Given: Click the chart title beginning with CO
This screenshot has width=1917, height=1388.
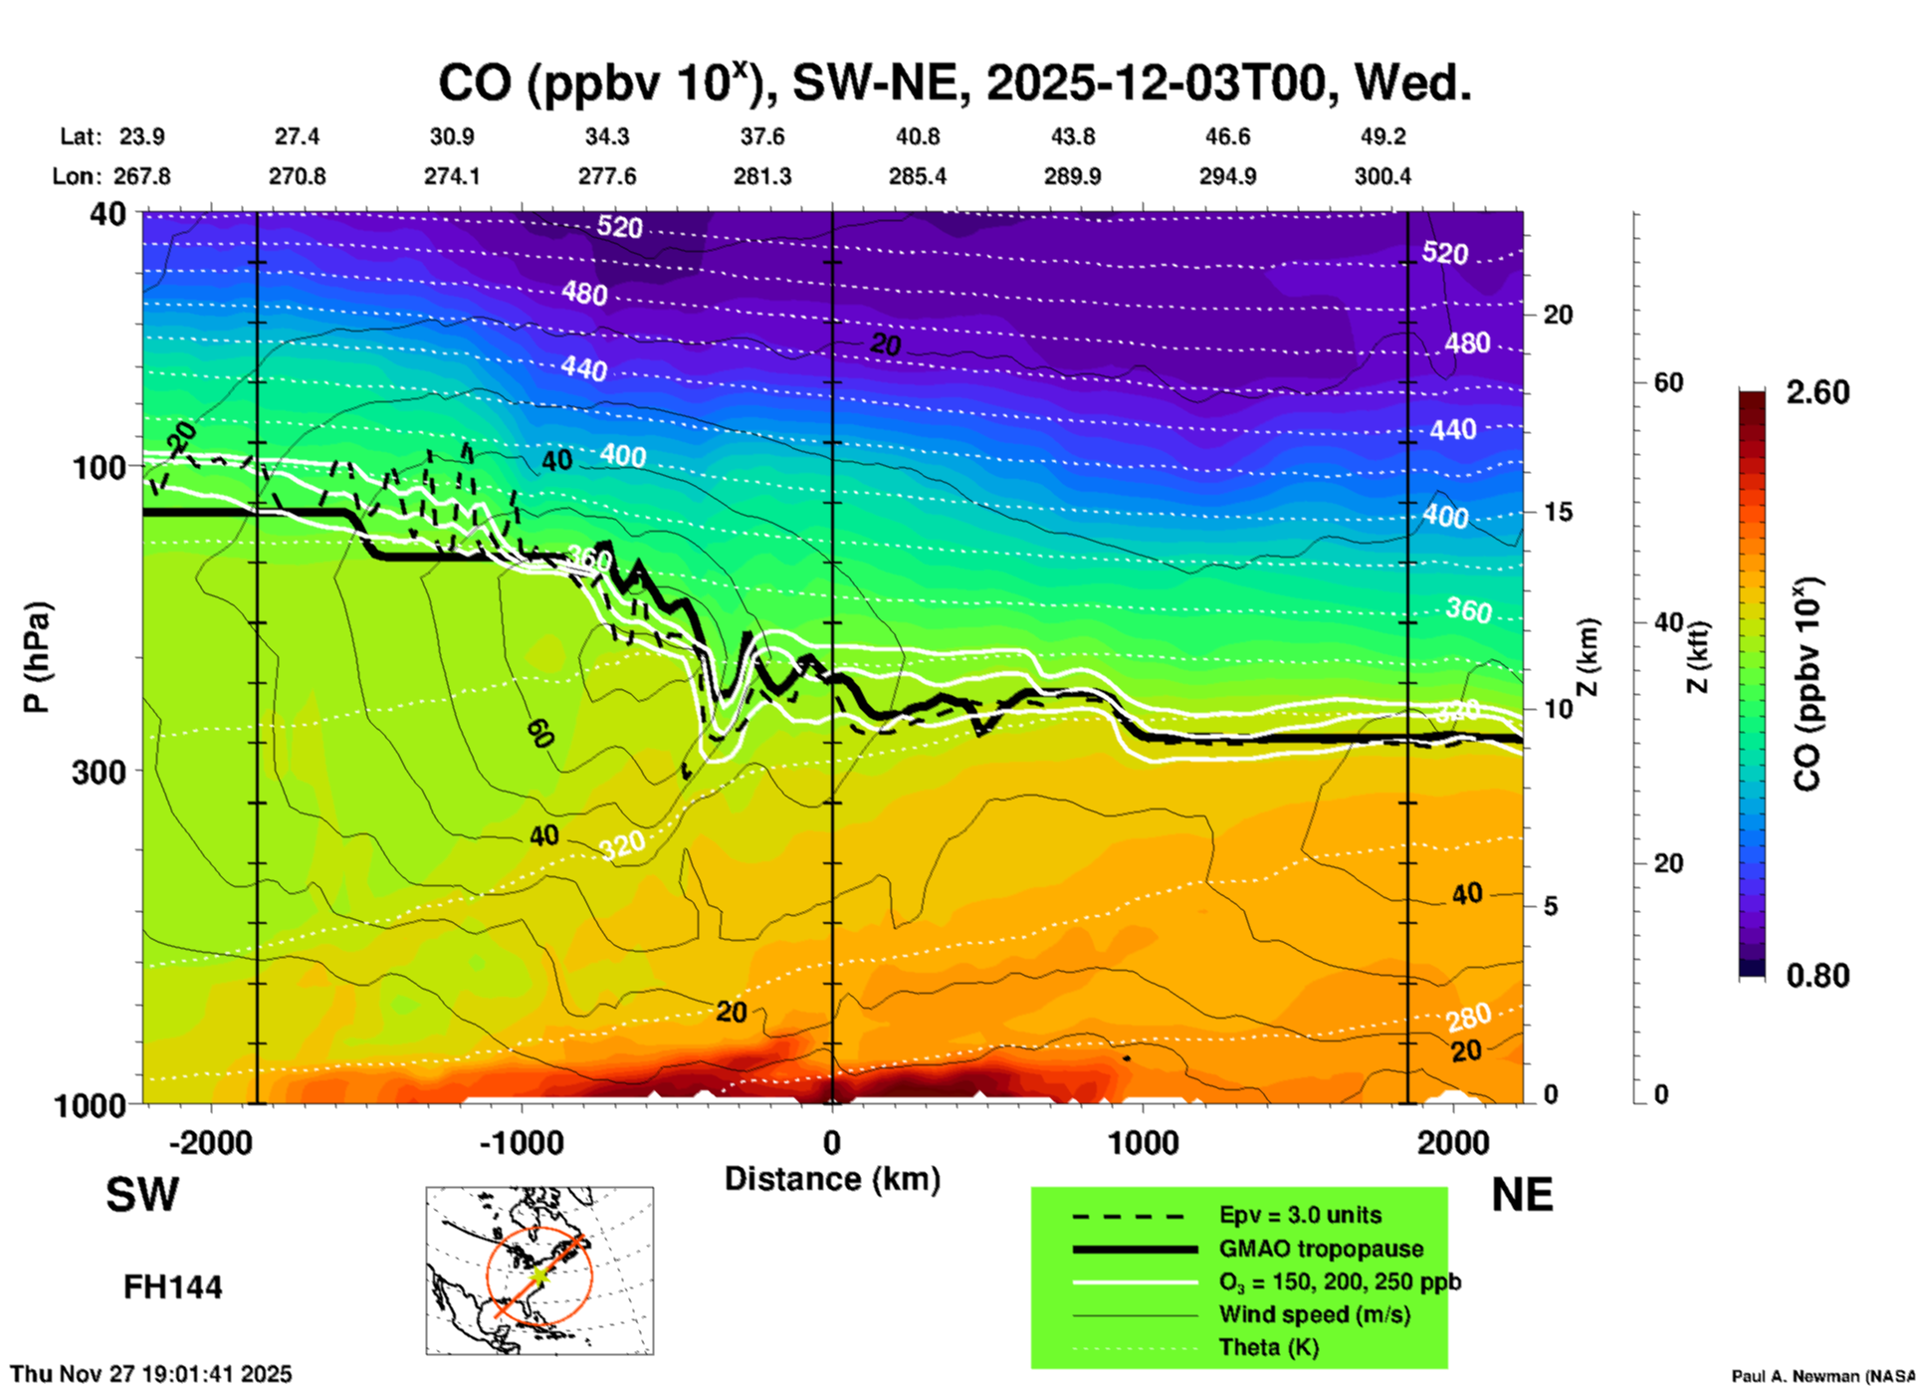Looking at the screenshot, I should pyautogui.click(x=955, y=83).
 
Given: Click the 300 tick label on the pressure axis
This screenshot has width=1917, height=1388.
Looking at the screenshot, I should pyautogui.click(x=100, y=772).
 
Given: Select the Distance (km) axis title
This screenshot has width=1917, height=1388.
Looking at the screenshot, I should pyautogui.click(x=832, y=1179).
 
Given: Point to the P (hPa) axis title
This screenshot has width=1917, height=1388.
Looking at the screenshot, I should pyautogui.click(x=37, y=657).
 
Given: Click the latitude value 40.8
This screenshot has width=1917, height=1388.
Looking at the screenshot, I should pyautogui.click(x=917, y=136).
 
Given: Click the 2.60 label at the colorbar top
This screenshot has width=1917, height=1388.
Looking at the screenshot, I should pyautogui.click(x=1817, y=392).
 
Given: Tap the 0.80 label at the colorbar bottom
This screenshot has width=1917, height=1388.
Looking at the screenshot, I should pyautogui.click(x=1817, y=975).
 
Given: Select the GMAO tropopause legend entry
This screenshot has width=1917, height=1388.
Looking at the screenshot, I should pyautogui.click(x=1321, y=1249).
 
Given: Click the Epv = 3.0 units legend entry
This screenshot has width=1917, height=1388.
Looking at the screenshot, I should pyautogui.click(x=1300, y=1215).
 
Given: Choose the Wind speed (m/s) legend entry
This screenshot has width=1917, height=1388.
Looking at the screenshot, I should pyautogui.click(x=1314, y=1314).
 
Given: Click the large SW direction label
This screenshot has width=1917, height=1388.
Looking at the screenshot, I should pyautogui.click(x=142, y=1195).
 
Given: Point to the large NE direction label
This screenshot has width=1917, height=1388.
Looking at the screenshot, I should pyautogui.click(x=1522, y=1195).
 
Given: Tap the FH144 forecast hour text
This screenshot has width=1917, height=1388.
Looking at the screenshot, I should pyautogui.click(x=172, y=1287).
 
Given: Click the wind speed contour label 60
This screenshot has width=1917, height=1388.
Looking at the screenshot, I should pyautogui.click(x=539, y=733).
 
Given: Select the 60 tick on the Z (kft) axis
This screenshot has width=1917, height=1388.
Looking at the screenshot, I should pyautogui.click(x=1668, y=382).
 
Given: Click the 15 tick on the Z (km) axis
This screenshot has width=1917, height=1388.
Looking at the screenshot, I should pyautogui.click(x=1558, y=512).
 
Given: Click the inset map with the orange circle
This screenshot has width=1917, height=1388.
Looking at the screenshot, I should pyautogui.click(x=539, y=1270).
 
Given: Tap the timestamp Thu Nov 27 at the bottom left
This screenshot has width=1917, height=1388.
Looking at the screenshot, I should pyautogui.click(x=151, y=1374).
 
